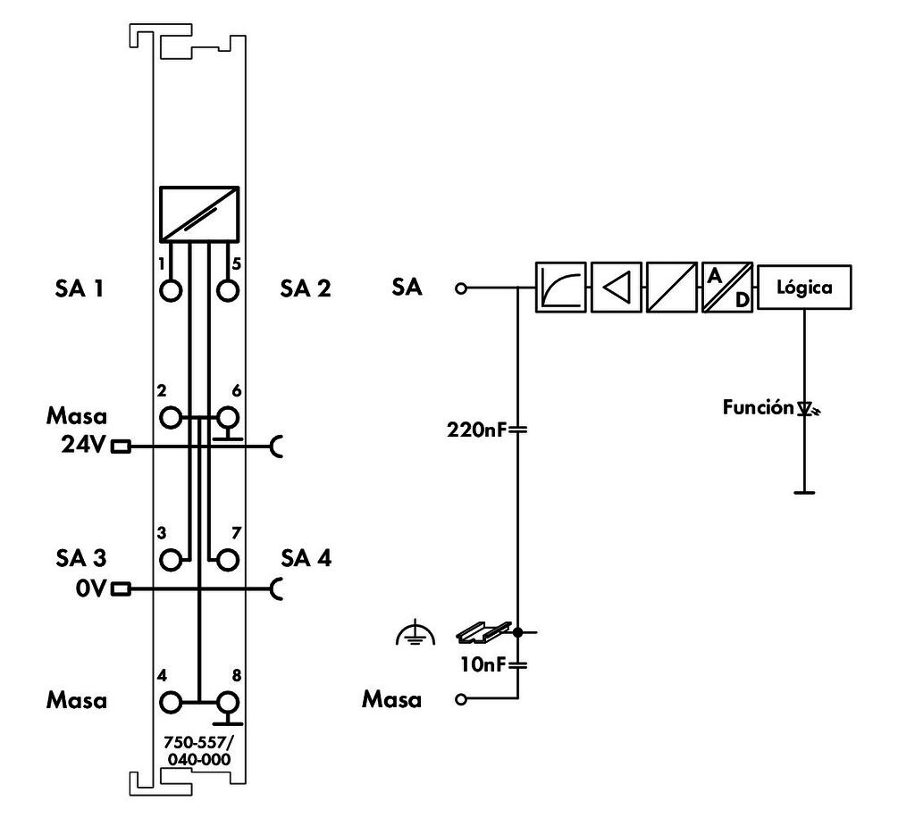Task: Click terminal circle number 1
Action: coord(170,291)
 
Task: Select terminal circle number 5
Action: coord(229,291)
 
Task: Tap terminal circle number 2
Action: coord(170,417)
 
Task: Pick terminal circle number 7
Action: coord(229,560)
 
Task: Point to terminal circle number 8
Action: coord(229,701)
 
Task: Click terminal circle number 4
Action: coord(170,701)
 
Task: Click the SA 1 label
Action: coord(77,288)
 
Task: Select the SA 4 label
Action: coord(306,558)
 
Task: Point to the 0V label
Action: coord(90,588)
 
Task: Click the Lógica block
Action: coord(804,288)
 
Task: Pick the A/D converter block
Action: coord(727,288)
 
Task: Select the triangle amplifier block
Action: coord(616,288)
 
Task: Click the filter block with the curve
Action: coord(561,288)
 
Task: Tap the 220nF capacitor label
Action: coord(474,430)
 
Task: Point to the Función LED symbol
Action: coord(807,409)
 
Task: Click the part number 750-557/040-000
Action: coord(198,751)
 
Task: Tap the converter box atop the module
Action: coord(199,213)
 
